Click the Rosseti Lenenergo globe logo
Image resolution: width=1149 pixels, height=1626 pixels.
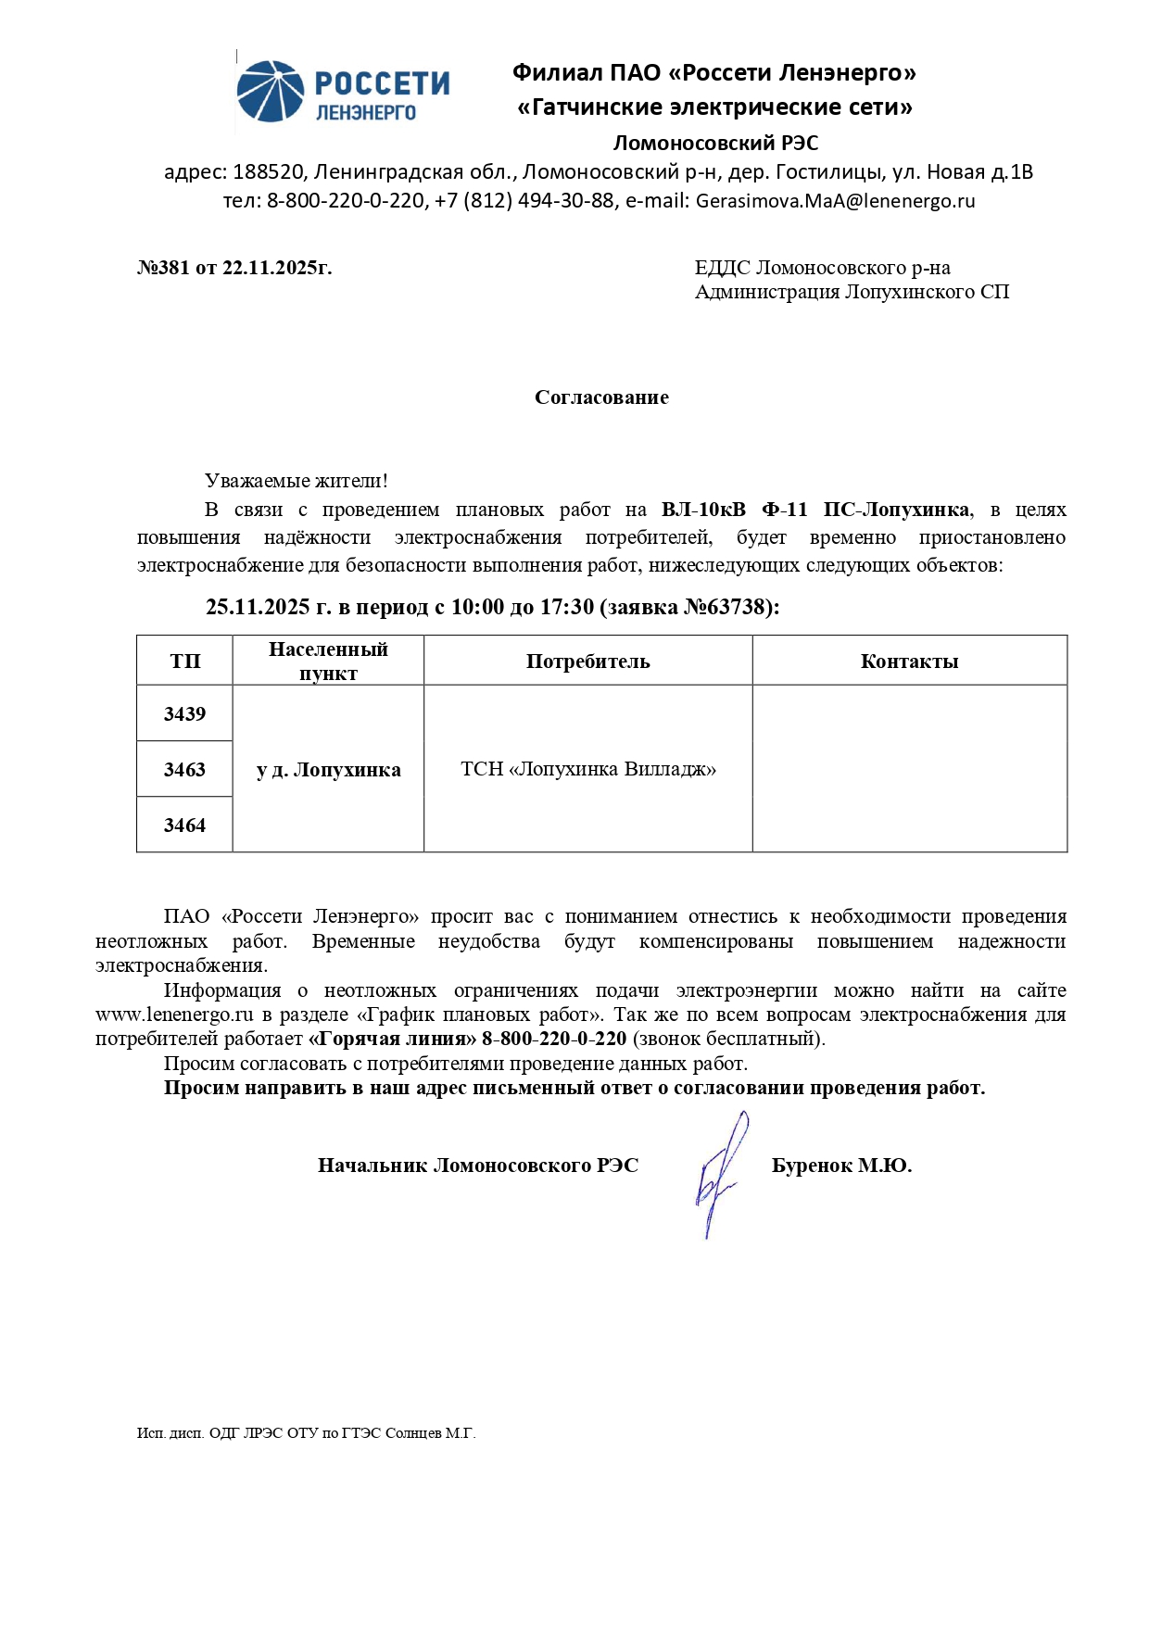[x=270, y=91]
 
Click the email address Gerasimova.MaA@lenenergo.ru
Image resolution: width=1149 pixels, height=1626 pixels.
[x=835, y=201]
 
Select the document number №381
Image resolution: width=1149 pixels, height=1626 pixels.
[x=163, y=268]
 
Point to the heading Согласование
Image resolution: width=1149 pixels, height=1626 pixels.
[x=601, y=397]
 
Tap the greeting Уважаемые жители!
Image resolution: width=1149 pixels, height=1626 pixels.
[x=296, y=481]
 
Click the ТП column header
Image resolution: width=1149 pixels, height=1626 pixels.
[x=184, y=661]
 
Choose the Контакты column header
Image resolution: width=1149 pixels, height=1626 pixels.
[x=909, y=661]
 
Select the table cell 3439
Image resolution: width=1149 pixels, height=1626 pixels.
[x=184, y=713]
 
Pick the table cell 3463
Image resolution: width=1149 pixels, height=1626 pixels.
[x=184, y=769]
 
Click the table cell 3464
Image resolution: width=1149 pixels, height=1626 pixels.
[x=184, y=825]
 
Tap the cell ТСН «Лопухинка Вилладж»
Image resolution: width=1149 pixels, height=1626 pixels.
[x=588, y=769]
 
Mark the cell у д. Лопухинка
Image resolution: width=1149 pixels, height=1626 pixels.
[x=328, y=770]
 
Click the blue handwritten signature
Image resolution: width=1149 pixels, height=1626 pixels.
[x=719, y=1175]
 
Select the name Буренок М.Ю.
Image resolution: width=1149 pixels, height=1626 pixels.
[x=841, y=1166]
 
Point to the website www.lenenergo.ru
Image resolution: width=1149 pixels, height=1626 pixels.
[x=174, y=1015]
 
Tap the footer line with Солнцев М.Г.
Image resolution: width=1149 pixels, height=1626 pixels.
[x=306, y=1432]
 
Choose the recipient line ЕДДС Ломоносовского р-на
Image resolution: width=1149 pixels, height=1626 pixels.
[x=822, y=268]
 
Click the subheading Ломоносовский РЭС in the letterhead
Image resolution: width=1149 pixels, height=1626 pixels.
[x=715, y=143]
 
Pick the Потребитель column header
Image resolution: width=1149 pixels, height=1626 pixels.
[x=587, y=661]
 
